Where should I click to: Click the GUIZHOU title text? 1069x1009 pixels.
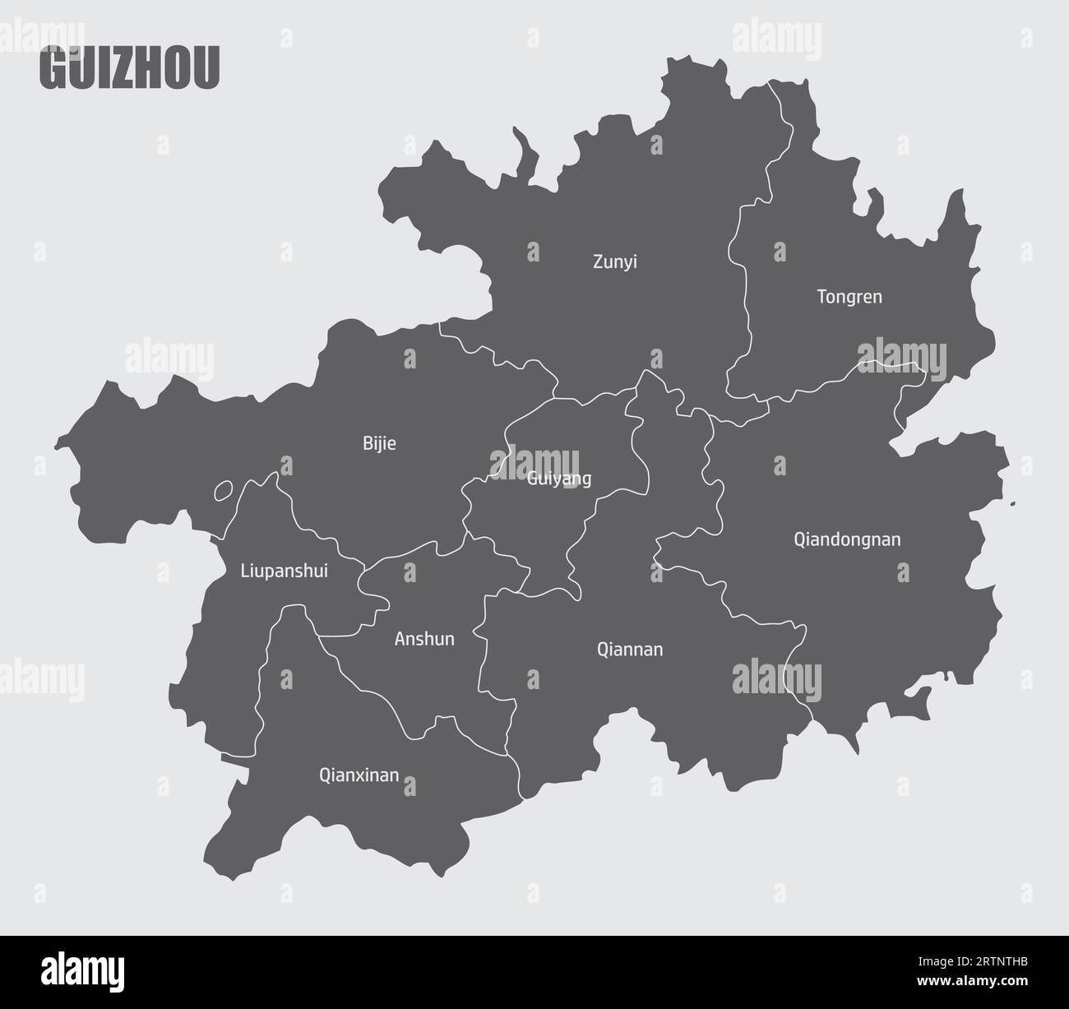tap(129, 70)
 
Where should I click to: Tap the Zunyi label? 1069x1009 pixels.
tap(615, 262)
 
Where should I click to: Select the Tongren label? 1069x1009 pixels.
tap(849, 297)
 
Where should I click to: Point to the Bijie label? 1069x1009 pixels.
tap(379, 444)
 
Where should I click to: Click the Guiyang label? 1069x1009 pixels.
tap(559, 479)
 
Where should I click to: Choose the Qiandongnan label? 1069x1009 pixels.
tap(847, 539)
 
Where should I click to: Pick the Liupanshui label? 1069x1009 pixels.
tap(284, 571)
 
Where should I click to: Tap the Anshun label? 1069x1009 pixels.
tap(424, 639)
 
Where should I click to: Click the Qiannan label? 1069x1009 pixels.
tap(630, 650)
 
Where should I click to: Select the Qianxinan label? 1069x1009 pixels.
tap(359, 775)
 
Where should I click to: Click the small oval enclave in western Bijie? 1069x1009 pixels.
tap(223, 492)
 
